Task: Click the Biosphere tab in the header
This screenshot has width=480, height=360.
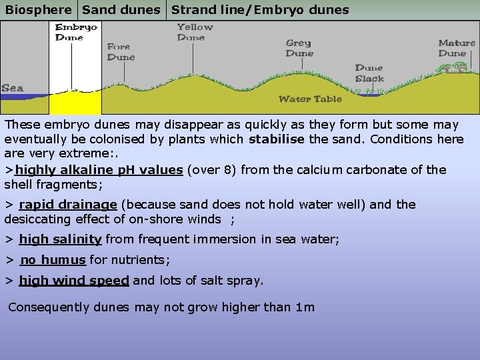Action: click(39, 10)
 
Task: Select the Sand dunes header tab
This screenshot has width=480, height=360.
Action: click(121, 10)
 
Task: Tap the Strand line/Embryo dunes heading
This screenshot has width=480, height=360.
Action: click(260, 10)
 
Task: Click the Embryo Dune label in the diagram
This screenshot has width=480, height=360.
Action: click(76, 32)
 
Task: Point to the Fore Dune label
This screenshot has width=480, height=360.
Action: click(121, 52)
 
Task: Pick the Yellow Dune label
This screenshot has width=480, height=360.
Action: click(195, 32)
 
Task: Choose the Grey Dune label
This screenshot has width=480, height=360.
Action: click(299, 48)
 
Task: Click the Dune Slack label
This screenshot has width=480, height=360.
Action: click(369, 73)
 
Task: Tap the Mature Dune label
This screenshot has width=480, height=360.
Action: click(457, 48)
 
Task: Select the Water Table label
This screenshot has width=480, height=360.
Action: click(310, 99)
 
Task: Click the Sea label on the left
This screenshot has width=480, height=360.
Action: click(13, 88)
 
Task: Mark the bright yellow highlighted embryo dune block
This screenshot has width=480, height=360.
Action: click(75, 103)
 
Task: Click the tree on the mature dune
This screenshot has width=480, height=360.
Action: click(458, 67)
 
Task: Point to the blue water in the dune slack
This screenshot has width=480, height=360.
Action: click(369, 95)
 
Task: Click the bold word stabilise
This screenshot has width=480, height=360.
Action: click(277, 139)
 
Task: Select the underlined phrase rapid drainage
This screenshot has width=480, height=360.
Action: click(68, 205)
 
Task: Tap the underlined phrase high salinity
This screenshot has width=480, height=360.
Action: click(60, 239)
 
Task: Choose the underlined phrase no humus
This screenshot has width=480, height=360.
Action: click(53, 260)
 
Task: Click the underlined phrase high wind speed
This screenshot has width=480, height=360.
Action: click(74, 281)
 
